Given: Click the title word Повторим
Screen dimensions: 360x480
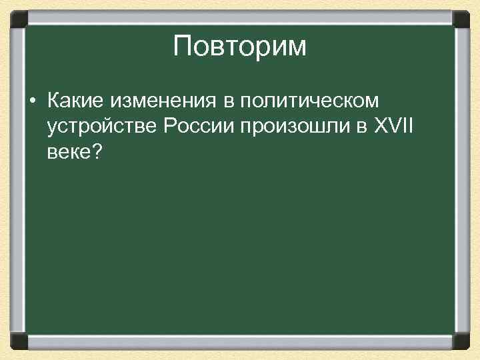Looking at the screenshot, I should (x=239, y=47).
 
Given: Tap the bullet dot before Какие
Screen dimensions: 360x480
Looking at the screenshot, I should (x=32, y=102).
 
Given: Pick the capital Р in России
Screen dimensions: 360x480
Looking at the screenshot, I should (x=165, y=127).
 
